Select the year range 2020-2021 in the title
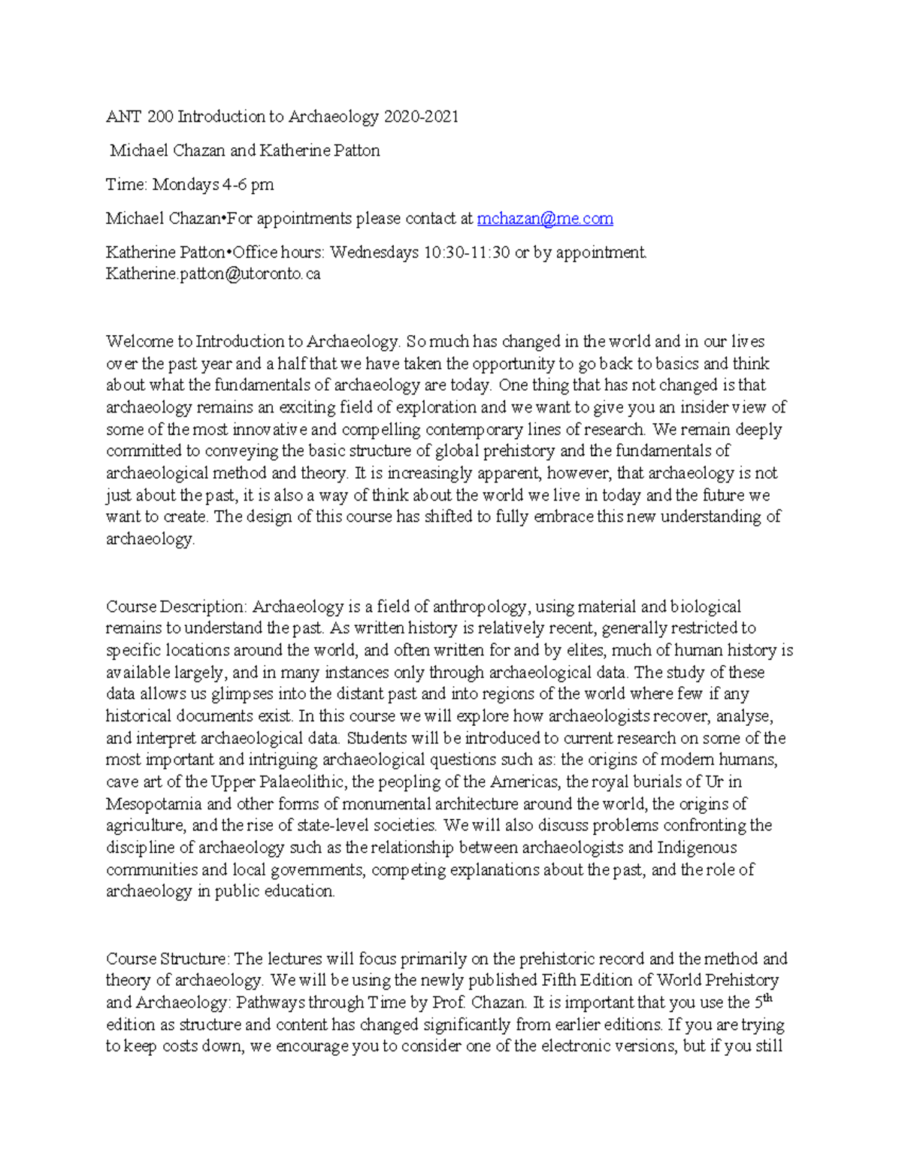coord(421,116)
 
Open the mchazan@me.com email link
coord(545,219)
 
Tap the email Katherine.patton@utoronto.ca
coord(213,274)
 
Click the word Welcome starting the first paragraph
coord(138,342)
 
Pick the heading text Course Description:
coord(177,606)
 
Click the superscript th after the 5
coord(767,998)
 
